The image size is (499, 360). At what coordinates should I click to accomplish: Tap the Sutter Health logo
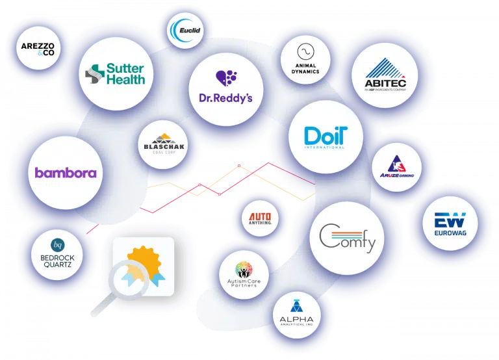click(116, 73)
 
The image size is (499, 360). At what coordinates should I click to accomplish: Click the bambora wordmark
click(66, 173)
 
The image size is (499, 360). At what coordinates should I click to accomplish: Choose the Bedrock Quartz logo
click(57, 253)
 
